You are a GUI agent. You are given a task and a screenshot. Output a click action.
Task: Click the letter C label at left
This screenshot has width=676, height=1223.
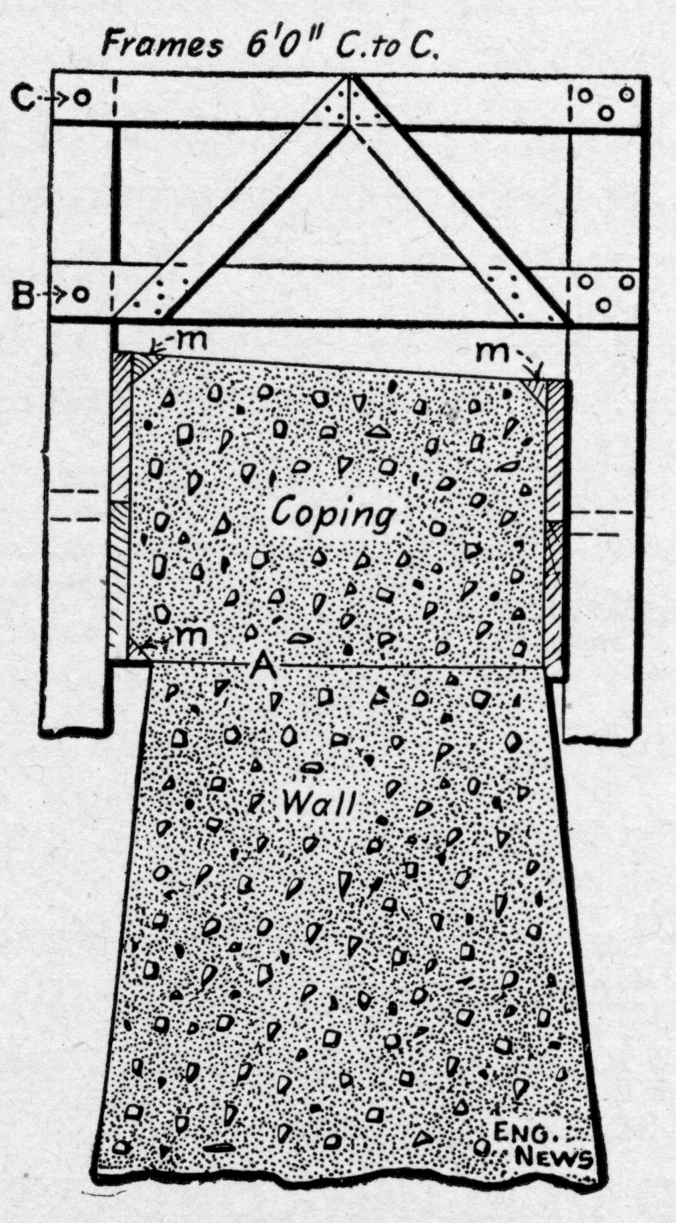click(25, 97)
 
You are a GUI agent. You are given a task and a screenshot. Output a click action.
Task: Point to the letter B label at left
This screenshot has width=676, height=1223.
click(24, 294)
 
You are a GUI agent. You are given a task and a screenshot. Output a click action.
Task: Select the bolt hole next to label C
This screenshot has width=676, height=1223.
click(81, 98)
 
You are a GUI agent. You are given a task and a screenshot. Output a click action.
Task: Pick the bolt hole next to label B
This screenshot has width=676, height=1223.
click(81, 294)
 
